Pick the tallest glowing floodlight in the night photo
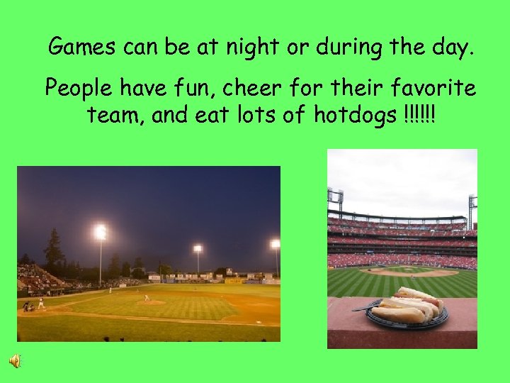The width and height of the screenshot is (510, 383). point(101,232)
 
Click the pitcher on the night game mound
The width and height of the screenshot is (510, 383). point(147,297)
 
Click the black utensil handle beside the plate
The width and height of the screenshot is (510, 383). point(361,308)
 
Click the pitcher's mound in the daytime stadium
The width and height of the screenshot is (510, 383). point(409,272)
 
